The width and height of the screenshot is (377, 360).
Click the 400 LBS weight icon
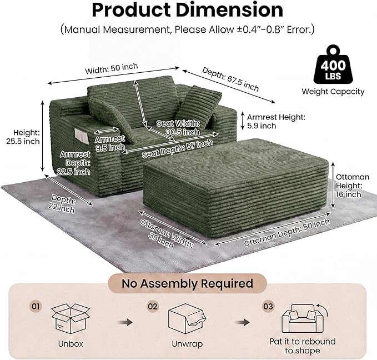[x=333, y=64]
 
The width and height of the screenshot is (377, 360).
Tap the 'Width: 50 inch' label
[x=111, y=68]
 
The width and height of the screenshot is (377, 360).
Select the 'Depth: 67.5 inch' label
[x=230, y=79]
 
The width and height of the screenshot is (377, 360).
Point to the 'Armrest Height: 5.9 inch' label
[x=276, y=121]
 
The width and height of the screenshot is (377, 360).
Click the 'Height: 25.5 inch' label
[x=23, y=137]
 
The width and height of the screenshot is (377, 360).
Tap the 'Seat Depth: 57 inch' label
[x=178, y=148]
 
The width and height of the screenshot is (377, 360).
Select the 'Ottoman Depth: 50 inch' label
[x=286, y=232]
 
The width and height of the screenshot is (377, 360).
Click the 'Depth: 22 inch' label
[x=62, y=204]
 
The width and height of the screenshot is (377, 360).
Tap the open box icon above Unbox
[x=71, y=318]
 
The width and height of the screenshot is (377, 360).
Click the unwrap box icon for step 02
[x=187, y=318]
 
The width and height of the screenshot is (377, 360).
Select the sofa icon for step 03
[x=304, y=318]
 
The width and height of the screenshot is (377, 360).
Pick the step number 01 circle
[x=36, y=306]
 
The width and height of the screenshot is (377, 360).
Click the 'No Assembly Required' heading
[x=187, y=283]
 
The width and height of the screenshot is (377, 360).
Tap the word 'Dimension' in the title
[x=229, y=10]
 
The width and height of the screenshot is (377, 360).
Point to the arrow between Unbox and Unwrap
[x=125, y=322]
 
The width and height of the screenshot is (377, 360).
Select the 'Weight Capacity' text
[x=333, y=92]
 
